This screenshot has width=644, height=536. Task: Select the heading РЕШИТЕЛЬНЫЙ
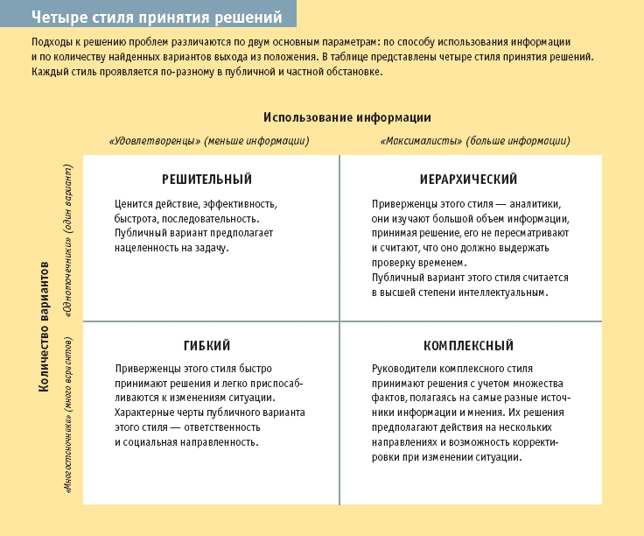point(207,180)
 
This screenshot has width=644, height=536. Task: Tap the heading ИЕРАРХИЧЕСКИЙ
point(470,180)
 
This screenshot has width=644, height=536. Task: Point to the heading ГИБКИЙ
point(207,346)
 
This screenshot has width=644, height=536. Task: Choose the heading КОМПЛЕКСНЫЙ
point(469,346)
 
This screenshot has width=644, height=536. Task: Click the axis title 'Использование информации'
point(346,117)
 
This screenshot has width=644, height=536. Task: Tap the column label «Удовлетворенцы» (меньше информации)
point(209,140)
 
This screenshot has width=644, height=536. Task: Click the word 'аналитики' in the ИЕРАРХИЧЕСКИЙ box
point(546,203)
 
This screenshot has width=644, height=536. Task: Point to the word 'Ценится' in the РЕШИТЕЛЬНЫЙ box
point(133,203)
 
